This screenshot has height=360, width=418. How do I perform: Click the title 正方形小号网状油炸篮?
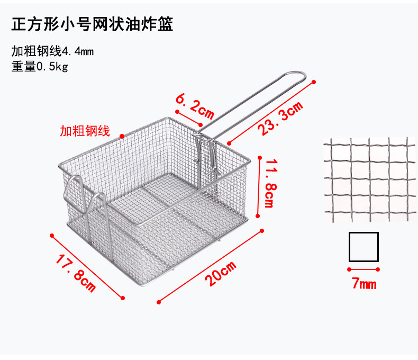92,25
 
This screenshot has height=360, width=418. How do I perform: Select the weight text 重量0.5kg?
40,67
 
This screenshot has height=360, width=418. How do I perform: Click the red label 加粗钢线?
85,131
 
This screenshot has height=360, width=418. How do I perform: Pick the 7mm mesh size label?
364,284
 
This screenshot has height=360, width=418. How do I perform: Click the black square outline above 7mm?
364,247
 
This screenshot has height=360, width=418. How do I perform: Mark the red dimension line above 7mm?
364,269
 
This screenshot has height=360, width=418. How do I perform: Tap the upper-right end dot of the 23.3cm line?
314,82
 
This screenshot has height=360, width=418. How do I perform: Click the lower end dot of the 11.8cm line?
258,216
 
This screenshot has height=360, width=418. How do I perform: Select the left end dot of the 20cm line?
159,302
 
